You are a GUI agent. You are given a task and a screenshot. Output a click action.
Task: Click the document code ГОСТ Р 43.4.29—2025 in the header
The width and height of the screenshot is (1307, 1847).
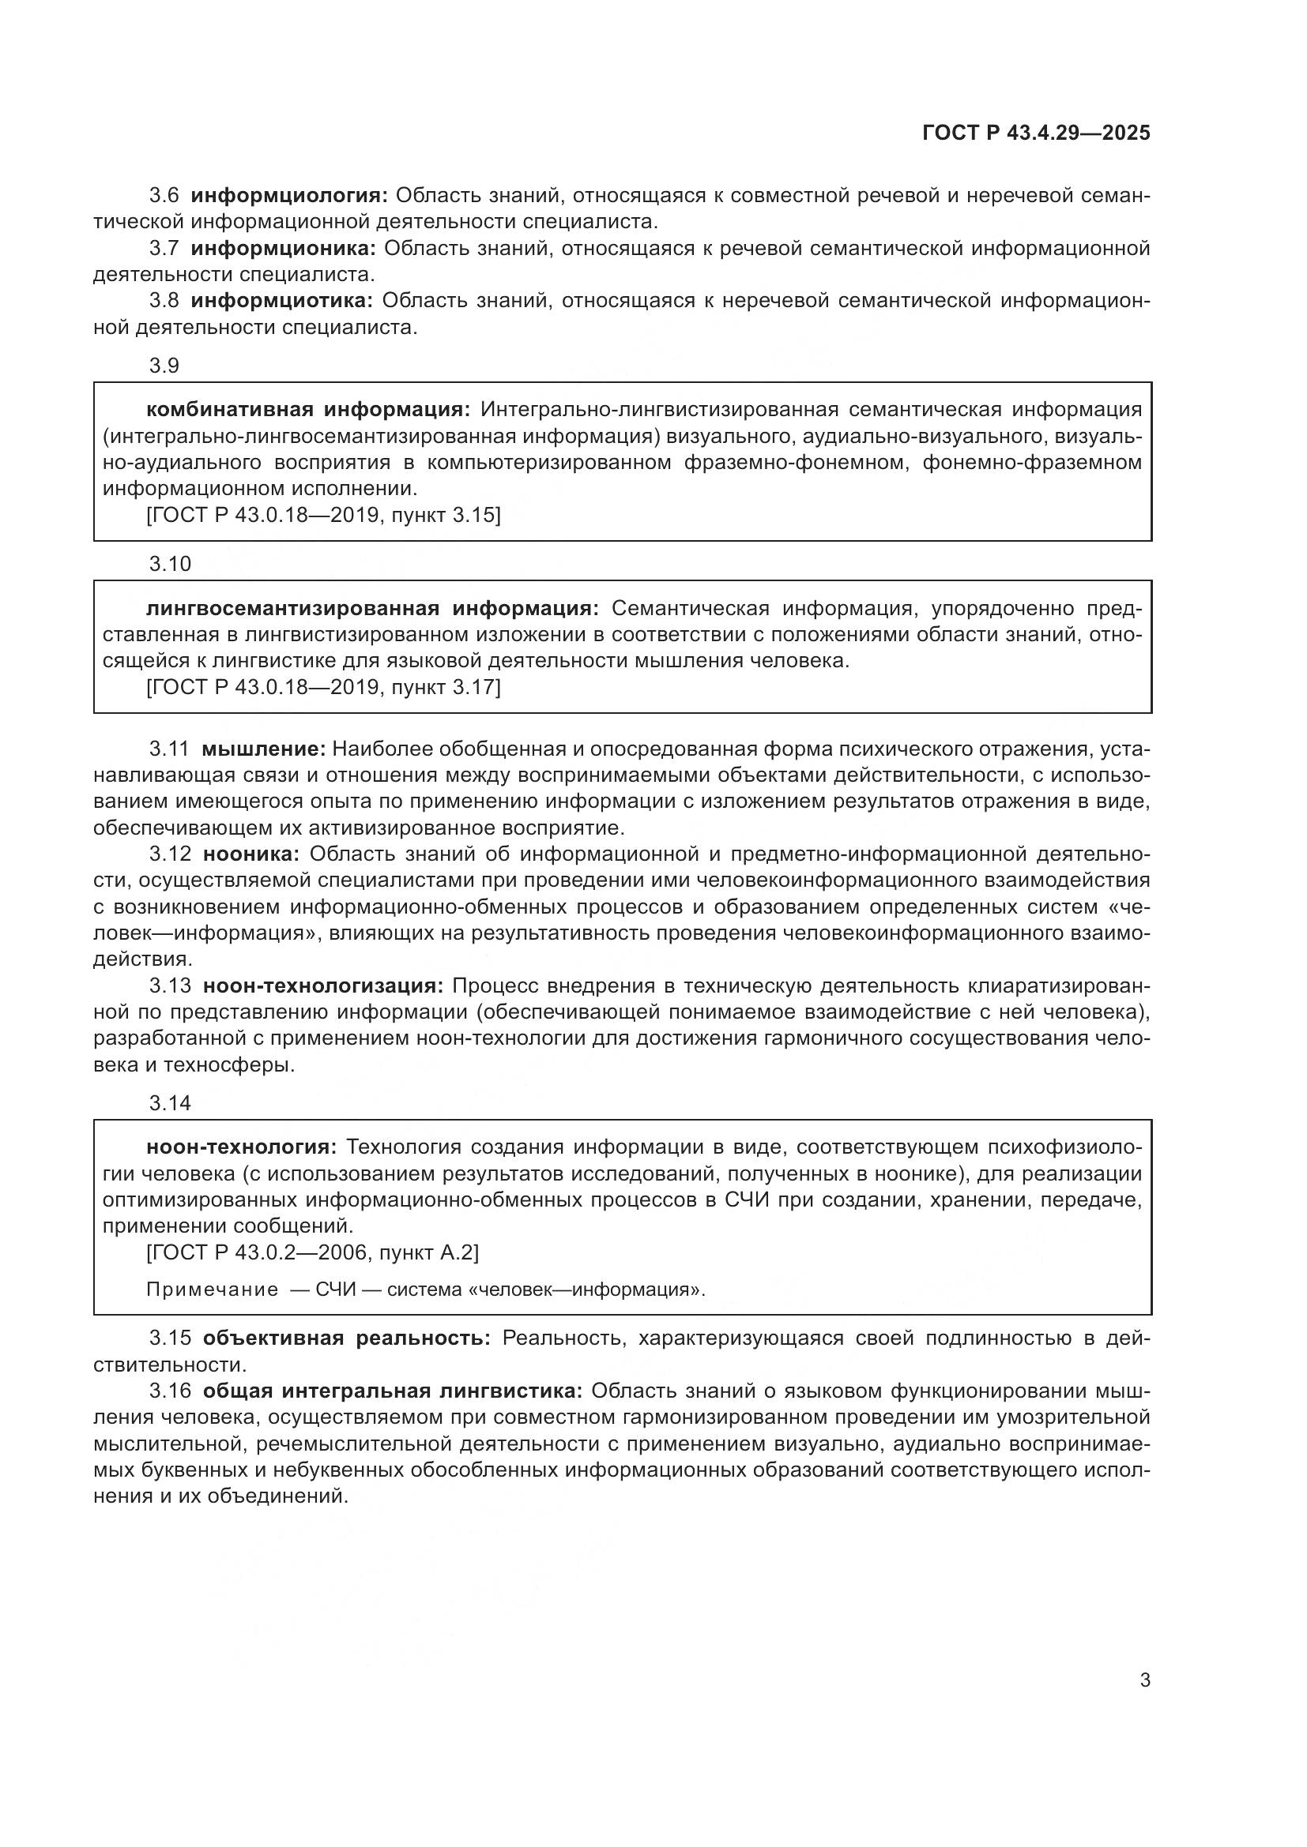[x=1036, y=133]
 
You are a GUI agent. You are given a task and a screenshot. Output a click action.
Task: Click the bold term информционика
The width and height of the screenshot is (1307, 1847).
[x=284, y=249]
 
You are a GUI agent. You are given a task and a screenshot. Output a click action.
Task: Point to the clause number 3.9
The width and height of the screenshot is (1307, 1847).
[x=164, y=366]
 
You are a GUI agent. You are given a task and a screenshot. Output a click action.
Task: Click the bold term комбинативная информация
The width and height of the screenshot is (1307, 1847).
[x=308, y=410]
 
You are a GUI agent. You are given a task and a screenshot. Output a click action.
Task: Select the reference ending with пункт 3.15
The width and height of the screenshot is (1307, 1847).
[x=323, y=515]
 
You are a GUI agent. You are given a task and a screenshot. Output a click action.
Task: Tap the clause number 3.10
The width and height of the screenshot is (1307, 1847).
[x=170, y=564]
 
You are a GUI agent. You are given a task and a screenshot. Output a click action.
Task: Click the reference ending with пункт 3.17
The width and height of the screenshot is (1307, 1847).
[x=323, y=687]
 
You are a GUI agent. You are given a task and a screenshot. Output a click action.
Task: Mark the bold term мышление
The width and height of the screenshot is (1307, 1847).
[x=263, y=749]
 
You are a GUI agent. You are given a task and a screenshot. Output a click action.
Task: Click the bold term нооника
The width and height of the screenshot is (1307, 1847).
[x=251, y=854]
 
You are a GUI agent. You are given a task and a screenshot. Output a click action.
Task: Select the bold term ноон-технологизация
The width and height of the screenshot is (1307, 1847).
[x=322, y=985]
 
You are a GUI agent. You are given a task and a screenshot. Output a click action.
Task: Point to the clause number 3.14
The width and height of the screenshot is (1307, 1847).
[x=170, y=1103]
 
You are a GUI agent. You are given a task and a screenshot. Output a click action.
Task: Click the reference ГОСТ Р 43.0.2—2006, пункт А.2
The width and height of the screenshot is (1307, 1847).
[x=312, y=1252]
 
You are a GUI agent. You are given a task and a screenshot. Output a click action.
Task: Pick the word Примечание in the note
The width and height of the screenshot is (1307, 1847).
[x=212, y=1290]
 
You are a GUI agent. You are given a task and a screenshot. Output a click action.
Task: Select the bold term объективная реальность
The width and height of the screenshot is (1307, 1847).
[x=346, y=1338]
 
